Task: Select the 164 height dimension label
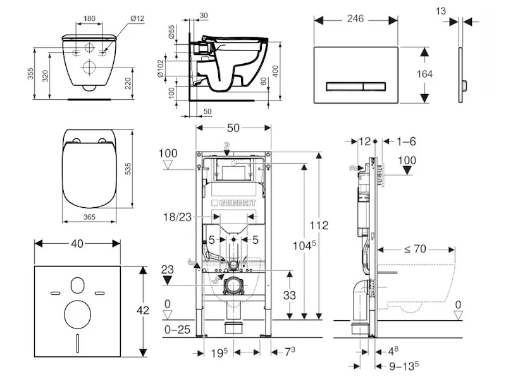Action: [x=425, y=74]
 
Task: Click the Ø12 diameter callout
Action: [x=137, y=18]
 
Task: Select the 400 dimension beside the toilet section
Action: [x=275, y=71]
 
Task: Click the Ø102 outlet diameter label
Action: [x=162, y=68]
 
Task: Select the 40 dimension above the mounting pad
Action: [x=77, y=243]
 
